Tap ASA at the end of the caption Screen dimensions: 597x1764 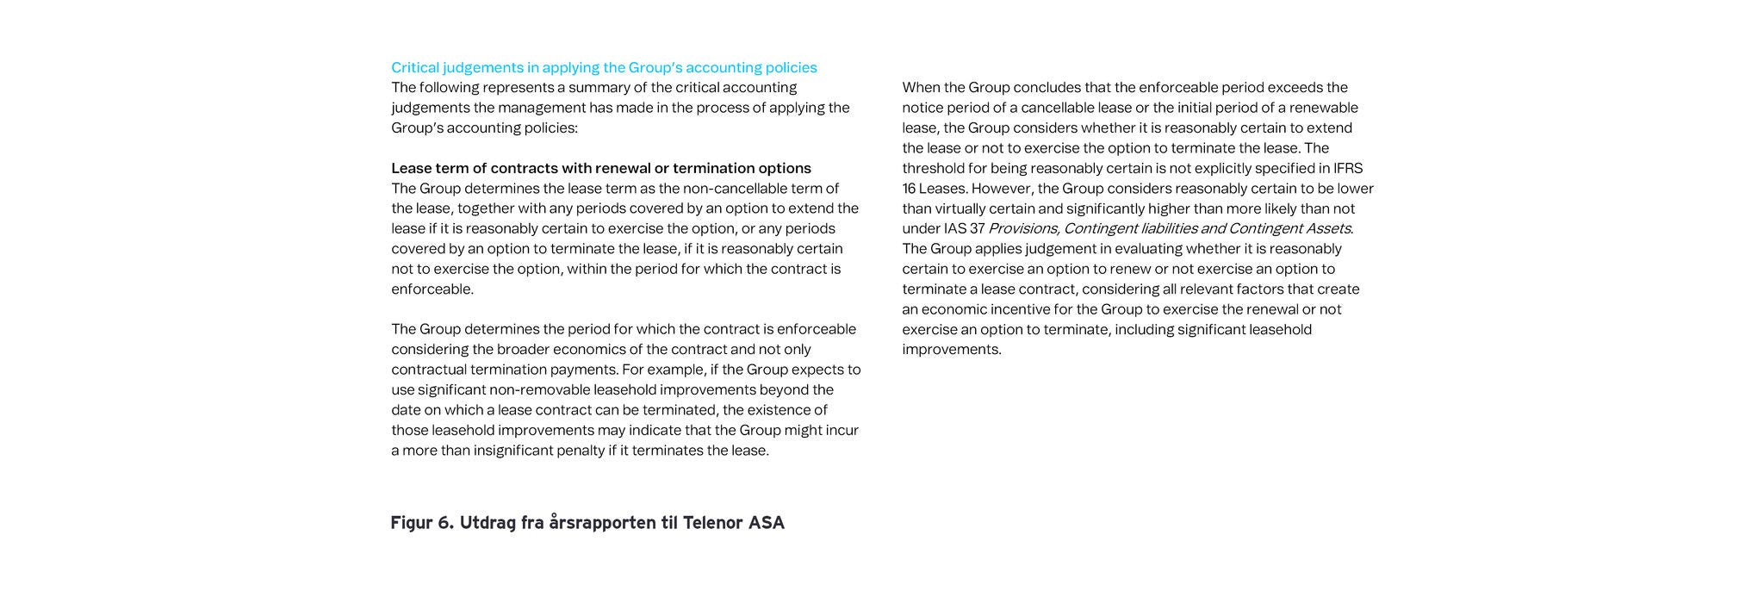click(x=767, y=523)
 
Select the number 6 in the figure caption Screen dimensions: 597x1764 click(x=445, y=523)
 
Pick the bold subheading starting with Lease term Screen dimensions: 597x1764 click(x=600, y=168)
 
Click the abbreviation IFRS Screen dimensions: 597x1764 click(x=1345, y=168)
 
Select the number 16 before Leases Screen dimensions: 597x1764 click(x=910, y=189)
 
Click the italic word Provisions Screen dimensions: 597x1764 click(x=1023, y=228)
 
